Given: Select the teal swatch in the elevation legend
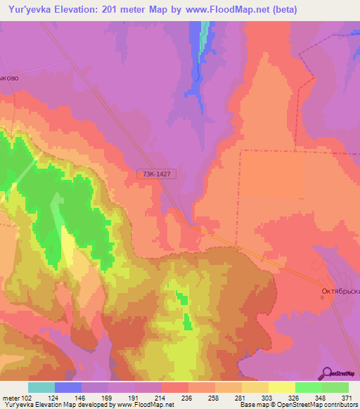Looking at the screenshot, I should click(41, 387).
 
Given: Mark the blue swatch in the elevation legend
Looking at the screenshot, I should click(68, 387).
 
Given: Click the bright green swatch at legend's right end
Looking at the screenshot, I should click(335, 387).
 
